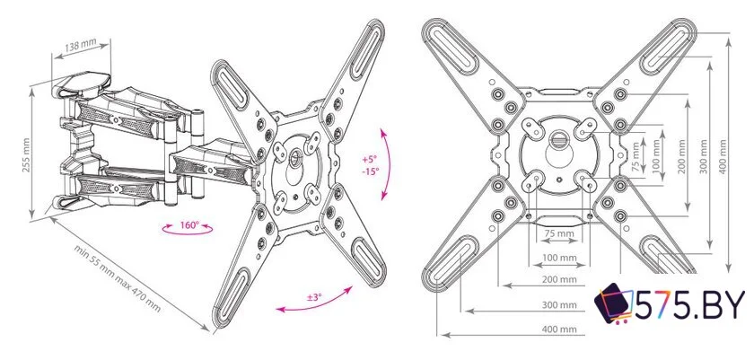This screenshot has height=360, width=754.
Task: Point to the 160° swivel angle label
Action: coord(189,226)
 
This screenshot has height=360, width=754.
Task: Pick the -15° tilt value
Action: coord(368,171)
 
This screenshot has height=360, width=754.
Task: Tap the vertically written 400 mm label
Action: coord(738,149)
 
